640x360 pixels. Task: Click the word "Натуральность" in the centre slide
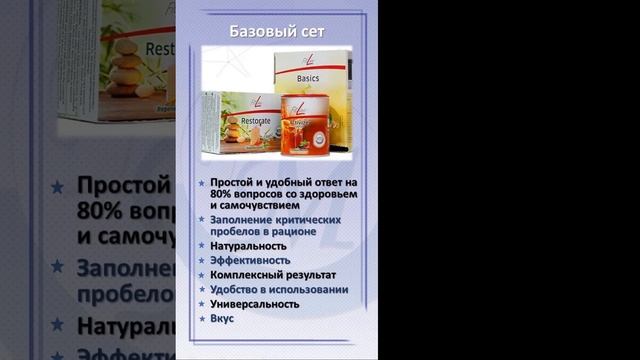coord(248,245)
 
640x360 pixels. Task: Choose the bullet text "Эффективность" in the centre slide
coord(250,260)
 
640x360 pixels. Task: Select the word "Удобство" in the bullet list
coord(237,290)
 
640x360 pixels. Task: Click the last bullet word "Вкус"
coord(222,318)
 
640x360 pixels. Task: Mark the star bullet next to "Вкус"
coord(202,318)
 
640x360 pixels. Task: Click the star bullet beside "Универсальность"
coord(202,304)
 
